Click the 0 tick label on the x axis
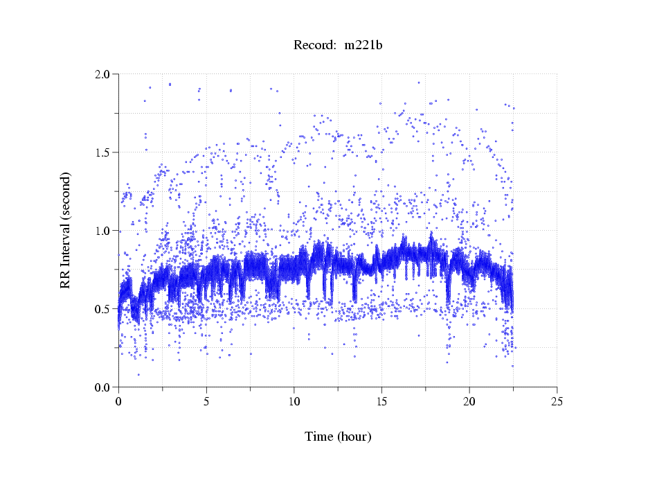click(x=118, y=401)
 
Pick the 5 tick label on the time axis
click(x=206, y=401)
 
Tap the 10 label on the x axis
click(x=294, y=401)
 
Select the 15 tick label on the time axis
click(x=381, y=401)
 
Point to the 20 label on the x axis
click(x=469, y=401)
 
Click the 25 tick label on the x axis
click(x=557, y=401)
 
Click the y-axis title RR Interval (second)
click(x=65, y=230)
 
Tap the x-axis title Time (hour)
click(x=338, y=437)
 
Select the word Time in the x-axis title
click(x=319, y=437)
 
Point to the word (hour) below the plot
click(x=354, y=437)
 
